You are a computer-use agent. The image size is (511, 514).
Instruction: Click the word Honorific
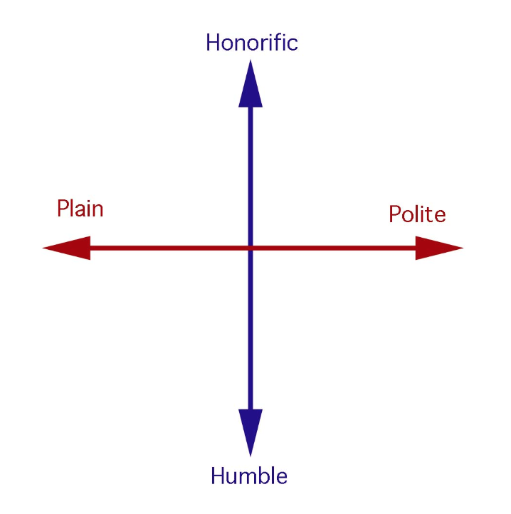click(252, 43)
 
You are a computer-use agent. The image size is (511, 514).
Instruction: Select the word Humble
click(249, 476)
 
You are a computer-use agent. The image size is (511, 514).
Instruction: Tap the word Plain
click(80, 208)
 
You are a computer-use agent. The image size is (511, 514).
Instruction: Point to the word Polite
click(417, 214)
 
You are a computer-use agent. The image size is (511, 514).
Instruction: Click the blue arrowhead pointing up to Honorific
click(251, 83)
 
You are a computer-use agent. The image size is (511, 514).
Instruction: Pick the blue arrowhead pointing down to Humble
click(251, 433)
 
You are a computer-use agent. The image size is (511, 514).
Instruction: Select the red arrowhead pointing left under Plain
click(66, 248)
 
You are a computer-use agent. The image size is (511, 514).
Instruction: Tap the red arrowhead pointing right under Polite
click(439, 248)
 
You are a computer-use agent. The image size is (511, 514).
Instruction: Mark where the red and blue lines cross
click(251, 248)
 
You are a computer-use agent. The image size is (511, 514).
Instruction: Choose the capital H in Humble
click(218, 476)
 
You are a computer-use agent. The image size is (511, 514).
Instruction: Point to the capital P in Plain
click(63, 208)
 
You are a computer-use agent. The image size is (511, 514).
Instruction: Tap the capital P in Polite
click(395, 214)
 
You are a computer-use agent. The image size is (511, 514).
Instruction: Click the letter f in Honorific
click(278, 42)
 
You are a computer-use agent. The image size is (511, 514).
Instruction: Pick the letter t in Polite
click(429, 215)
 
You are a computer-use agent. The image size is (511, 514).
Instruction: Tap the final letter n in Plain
click(97, 211)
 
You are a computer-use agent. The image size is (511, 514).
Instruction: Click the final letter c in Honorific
click(293, 46)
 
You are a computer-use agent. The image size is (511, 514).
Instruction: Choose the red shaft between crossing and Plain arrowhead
click(169, 248)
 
